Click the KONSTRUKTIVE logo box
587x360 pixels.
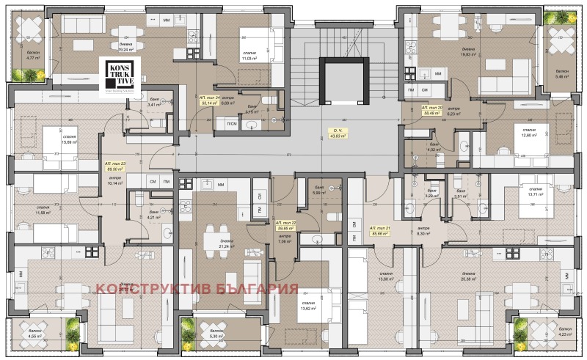coord(115,78)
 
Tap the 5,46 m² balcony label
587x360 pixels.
coord(563,76)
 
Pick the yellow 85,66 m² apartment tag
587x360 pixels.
coord(379,232)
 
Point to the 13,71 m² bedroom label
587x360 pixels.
coord(533,197)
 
